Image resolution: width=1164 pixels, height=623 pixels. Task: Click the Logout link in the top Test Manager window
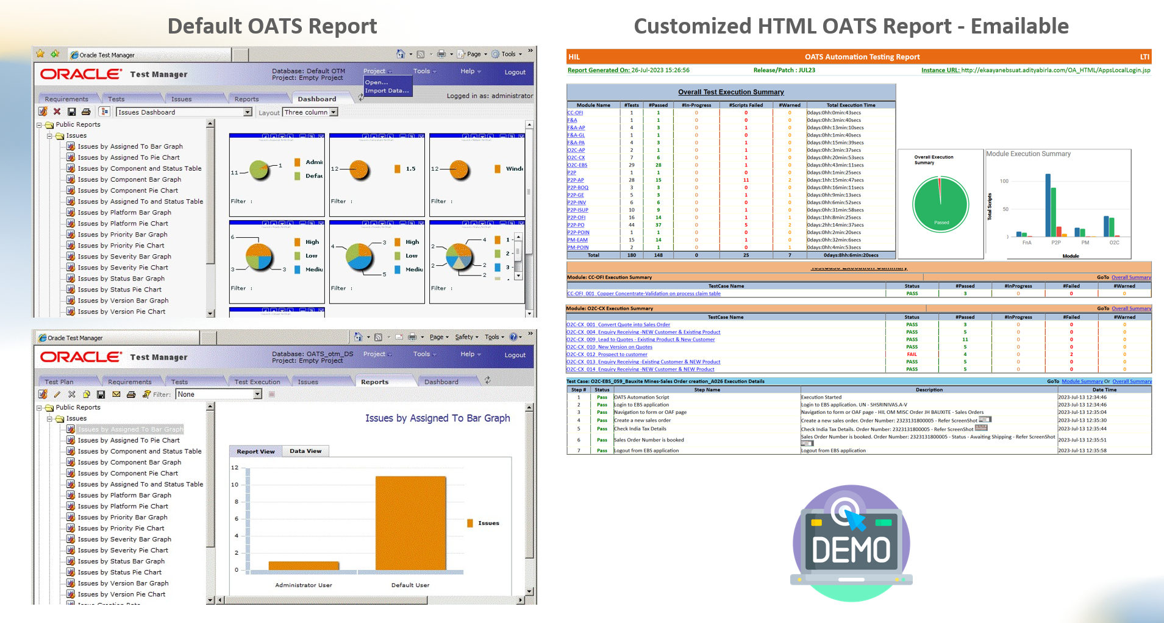tap(515, 72)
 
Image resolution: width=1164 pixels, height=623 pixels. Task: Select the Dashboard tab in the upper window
tap(316, 99)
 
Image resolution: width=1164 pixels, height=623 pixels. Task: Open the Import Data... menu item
tap(387, 91)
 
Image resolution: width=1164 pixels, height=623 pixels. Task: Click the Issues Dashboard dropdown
tap(184, 112)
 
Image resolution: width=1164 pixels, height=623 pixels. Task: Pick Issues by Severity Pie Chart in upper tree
tap(123, 268)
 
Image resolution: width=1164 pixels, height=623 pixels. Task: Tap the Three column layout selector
tap(310, 112)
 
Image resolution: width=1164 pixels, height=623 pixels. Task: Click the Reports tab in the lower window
tap(374, 382)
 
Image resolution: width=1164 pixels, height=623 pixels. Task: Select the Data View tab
tap(305, 451)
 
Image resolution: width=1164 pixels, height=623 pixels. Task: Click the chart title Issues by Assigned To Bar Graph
tap(437, 418)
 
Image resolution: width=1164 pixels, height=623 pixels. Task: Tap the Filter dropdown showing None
tap(218, 394)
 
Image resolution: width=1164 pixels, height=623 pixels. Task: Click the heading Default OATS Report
tap(272, 26)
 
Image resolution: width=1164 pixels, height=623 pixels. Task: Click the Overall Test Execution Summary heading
tap(730, 92)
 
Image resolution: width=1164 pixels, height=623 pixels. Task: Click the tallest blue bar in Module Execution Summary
tap(1048, 205)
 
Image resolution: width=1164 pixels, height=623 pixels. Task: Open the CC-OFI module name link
tap(575, 113)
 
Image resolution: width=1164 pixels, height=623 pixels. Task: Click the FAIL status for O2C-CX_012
tap(912, 354)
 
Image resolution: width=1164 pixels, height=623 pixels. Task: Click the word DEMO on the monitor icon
tap(851, 550)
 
